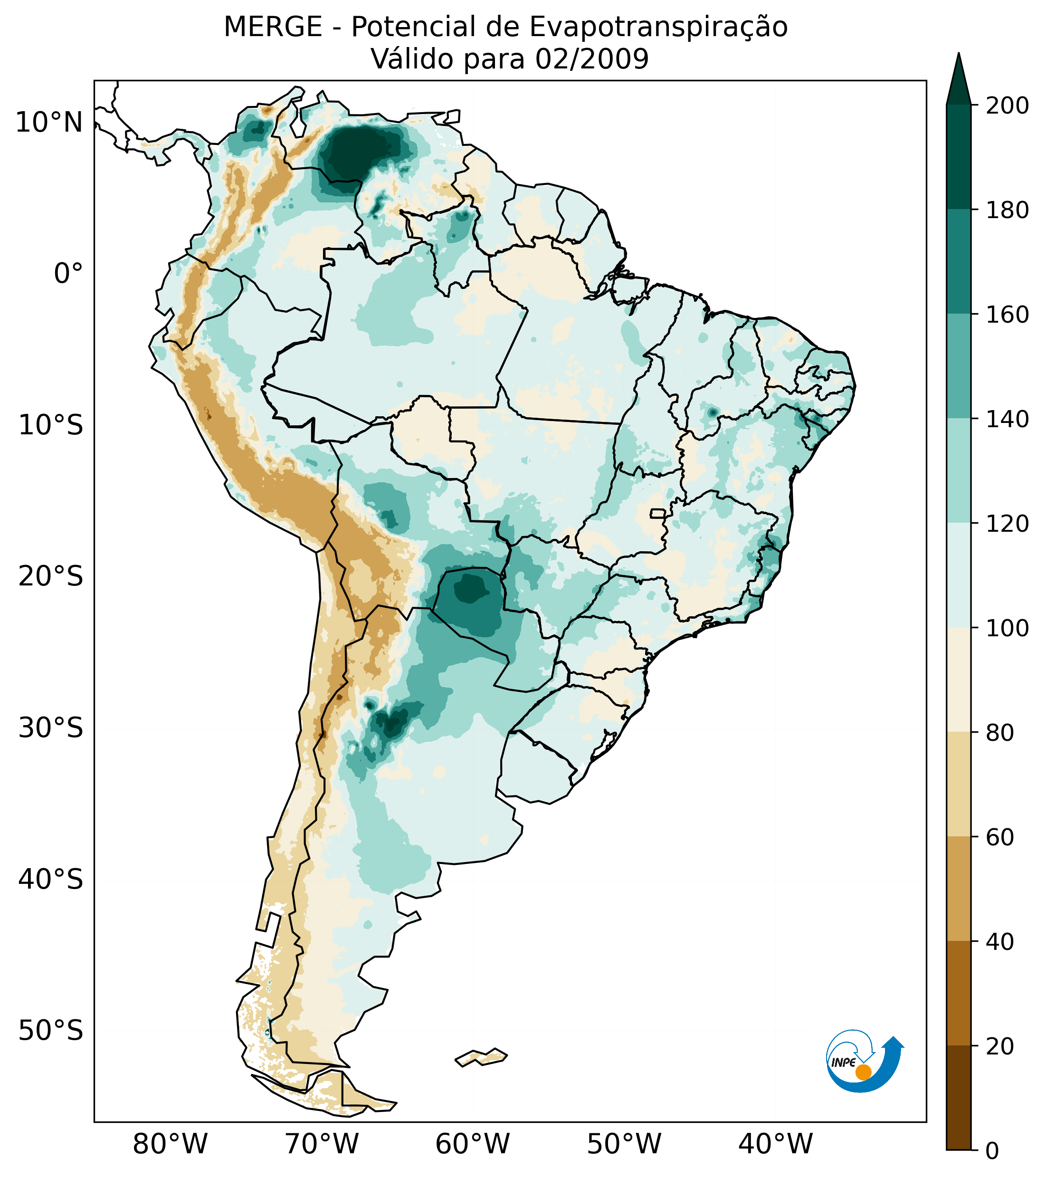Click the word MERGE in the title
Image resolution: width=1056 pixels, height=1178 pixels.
(x=273, y=27)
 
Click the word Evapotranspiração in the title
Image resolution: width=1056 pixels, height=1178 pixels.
(x=658, y=27)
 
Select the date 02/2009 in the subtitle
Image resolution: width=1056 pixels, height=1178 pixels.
(x=592, y=59)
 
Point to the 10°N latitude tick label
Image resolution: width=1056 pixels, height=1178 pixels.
(x=49, y=123)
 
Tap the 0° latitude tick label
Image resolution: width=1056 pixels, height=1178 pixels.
(x=68, y=274)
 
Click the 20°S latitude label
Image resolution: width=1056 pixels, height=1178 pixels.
(x=51, y=577)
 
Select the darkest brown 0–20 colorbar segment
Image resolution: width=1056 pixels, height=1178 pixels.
(x=959, y=1097)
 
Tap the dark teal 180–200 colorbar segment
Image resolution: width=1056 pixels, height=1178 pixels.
(x=959, y=157)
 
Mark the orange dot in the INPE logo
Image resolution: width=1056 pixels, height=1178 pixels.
(x=863, y=1073)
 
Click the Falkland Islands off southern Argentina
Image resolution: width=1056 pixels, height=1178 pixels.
(x=482, y=1057)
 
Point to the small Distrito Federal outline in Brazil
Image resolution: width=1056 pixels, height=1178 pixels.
(x=658, y=514)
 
